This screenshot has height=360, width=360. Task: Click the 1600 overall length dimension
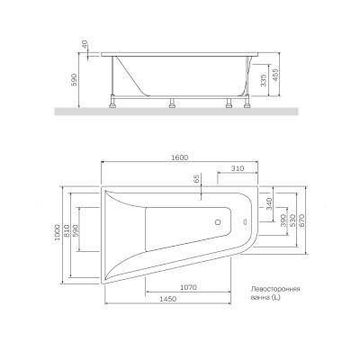[x=180, y=158]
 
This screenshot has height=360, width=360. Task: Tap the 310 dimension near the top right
[x=238, y=169]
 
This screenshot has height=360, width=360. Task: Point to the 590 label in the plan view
[x=83, y=230]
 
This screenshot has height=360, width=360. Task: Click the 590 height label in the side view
[x=76, y=80]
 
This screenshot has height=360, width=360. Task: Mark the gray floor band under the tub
[x=180, y=112]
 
